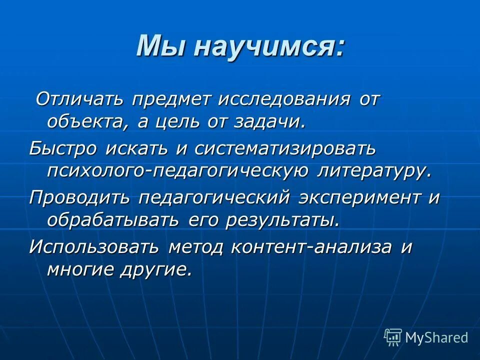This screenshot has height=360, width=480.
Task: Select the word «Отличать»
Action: coord(80,99)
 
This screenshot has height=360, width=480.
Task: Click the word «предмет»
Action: coord(171,99)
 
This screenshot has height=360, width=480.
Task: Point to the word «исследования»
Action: coord(276,99)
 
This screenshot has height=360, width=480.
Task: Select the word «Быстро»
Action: coord(63,148)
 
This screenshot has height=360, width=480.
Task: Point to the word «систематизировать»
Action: coord(285,148)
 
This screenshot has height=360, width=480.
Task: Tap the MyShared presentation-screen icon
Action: coord(392,337)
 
